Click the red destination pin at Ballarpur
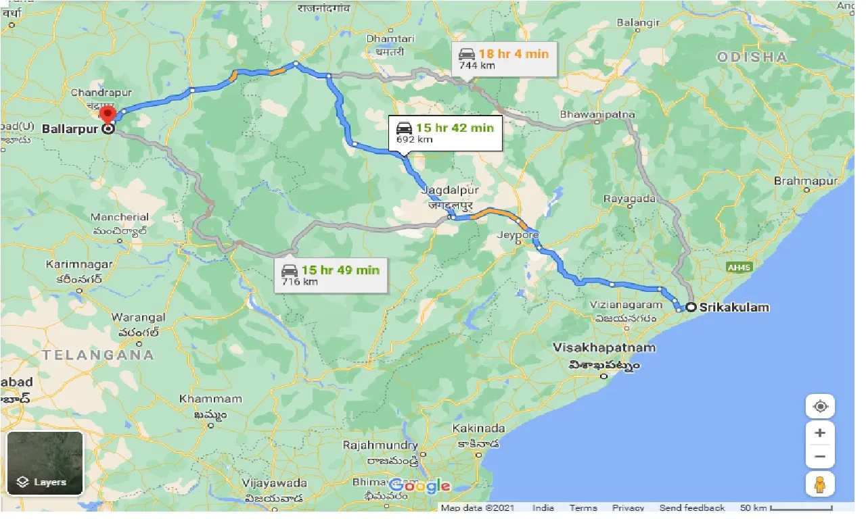(108, 115)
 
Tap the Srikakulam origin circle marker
(691, 307)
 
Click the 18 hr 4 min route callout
(504, 59)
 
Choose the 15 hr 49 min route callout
(331, 275)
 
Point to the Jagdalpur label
(449, 191)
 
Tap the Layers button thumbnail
(45, 463)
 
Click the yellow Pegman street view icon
(819, 485)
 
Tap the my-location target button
(820, 406)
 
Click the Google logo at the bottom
(420, 485)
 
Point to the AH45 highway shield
(739, 268)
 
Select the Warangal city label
(139, 317)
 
